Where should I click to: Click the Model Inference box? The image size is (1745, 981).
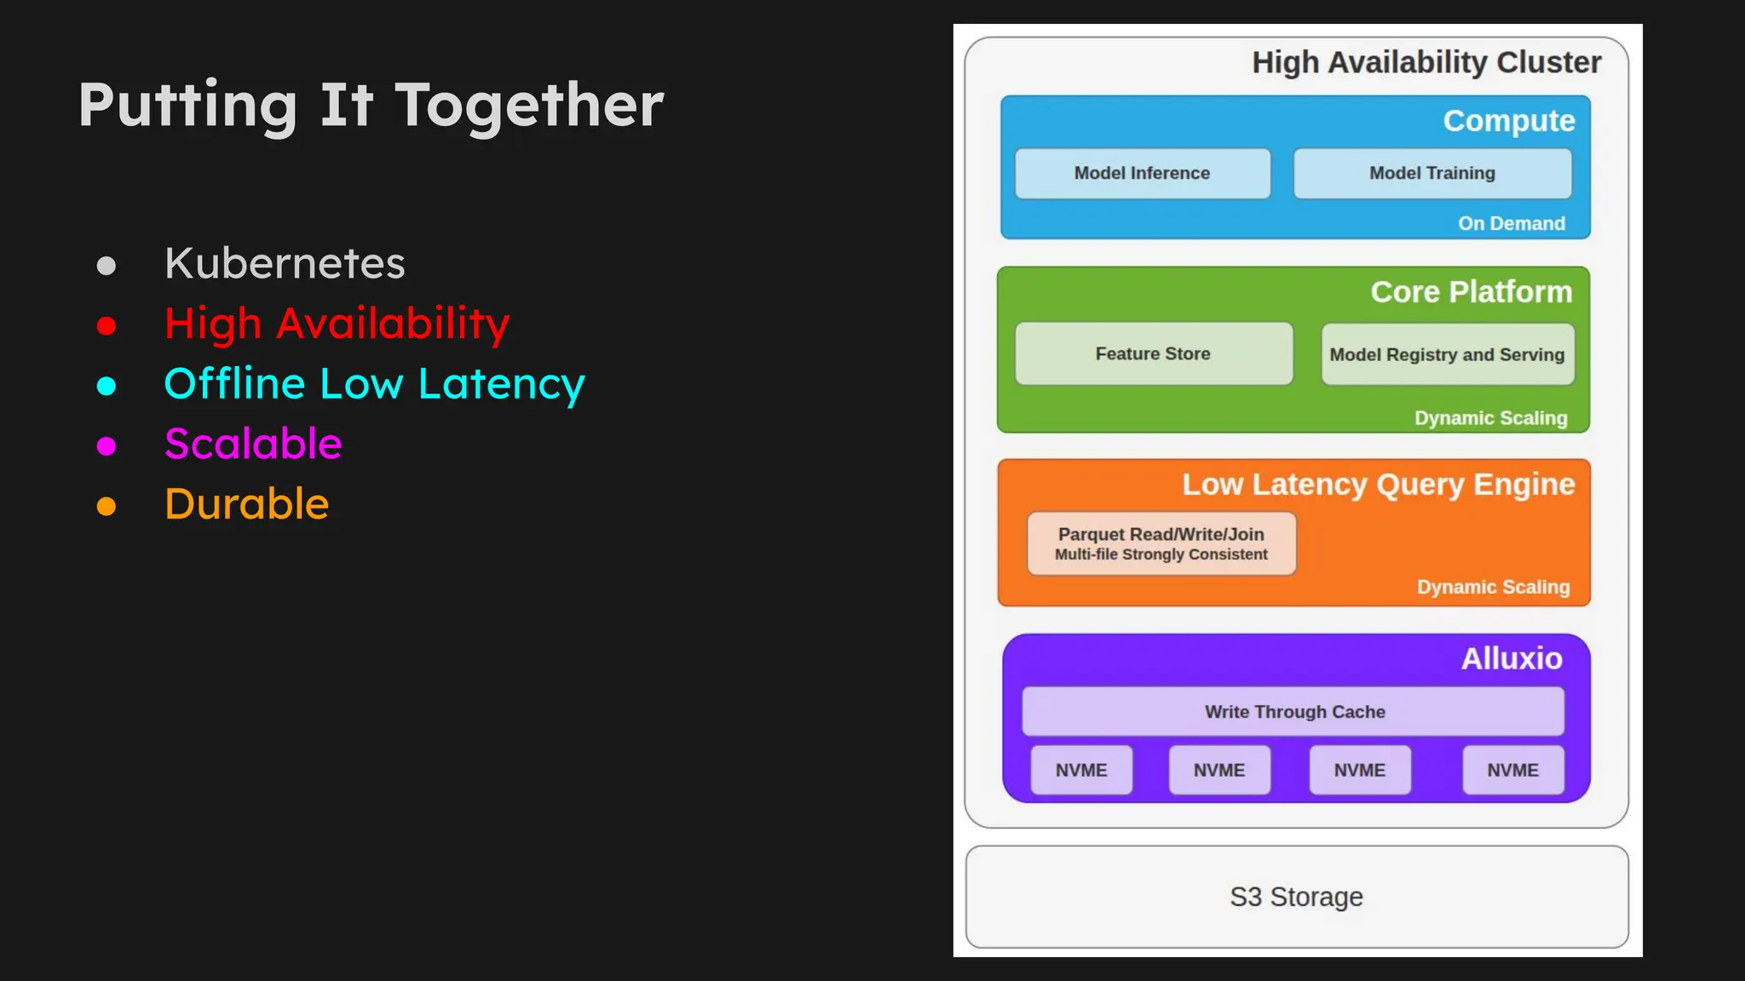(x=1142, y=174)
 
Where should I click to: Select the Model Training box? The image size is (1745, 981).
(x=1431, y=174)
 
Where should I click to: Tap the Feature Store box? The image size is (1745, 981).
(x=1153, y=353)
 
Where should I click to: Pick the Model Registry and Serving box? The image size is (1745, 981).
(x=1447, y=354)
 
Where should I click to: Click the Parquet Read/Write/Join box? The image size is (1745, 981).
(x=1160, y=543)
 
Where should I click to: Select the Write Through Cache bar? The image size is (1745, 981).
(x=1293, y=712)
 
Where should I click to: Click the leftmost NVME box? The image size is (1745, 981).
(x=1080, y=770)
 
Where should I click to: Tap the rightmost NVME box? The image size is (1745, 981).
(x=1512, y=770)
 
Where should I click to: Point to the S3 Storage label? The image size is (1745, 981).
(x=1295, y=897)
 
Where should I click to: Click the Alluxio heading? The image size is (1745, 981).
(x=1511, y=658)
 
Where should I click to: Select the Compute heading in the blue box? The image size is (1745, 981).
(x=1508, y=121)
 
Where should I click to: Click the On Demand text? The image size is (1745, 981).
(x=1511, y=223)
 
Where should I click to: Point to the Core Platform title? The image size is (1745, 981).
(x=1471, y=292)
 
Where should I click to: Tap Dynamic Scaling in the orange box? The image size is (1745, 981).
(x=1492, y=587)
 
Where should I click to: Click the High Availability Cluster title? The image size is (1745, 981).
(x=1425, y=62)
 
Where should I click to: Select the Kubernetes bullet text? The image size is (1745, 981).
(x=285, y=263)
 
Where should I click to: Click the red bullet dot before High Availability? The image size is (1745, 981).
(x=107, y=325)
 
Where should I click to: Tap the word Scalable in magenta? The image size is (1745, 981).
(x=253, y=444)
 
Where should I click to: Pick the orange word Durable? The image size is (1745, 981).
(x=246, y=504)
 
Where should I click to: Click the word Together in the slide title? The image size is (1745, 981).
(x=528, y=106)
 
